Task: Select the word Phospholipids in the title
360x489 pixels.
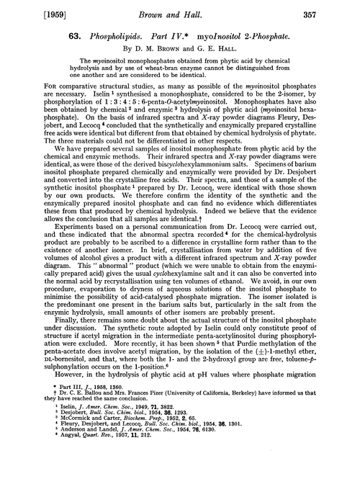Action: (x=91, y=37)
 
